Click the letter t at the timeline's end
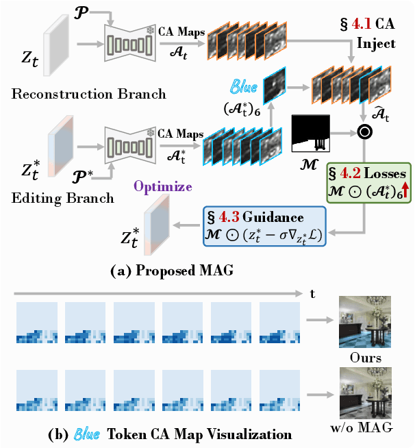point(312,294)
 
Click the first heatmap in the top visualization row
point(36,325)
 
